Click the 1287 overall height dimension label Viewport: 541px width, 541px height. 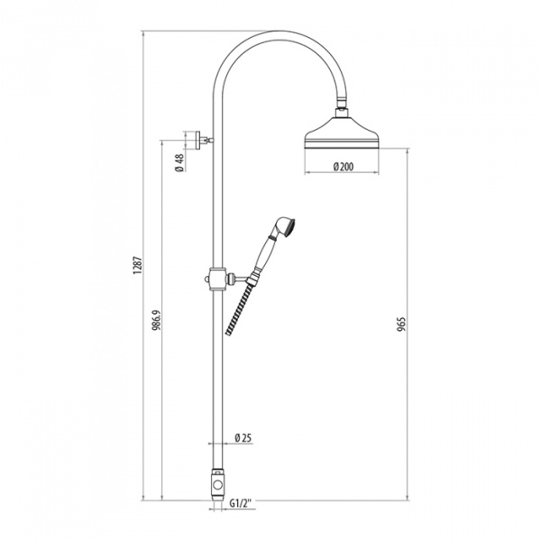tap(138, 265)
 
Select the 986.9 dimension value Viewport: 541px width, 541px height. tap(157, 320)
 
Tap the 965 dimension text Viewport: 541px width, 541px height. tap(401, 324)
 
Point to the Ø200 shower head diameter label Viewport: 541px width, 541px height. tap(344, 167)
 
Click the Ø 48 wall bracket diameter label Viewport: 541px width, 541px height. tap(179, 163)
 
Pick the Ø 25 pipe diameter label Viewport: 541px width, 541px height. tap(243, 438)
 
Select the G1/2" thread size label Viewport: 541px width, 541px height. tap(242, 503)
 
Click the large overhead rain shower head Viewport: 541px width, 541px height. tap(342, 133)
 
